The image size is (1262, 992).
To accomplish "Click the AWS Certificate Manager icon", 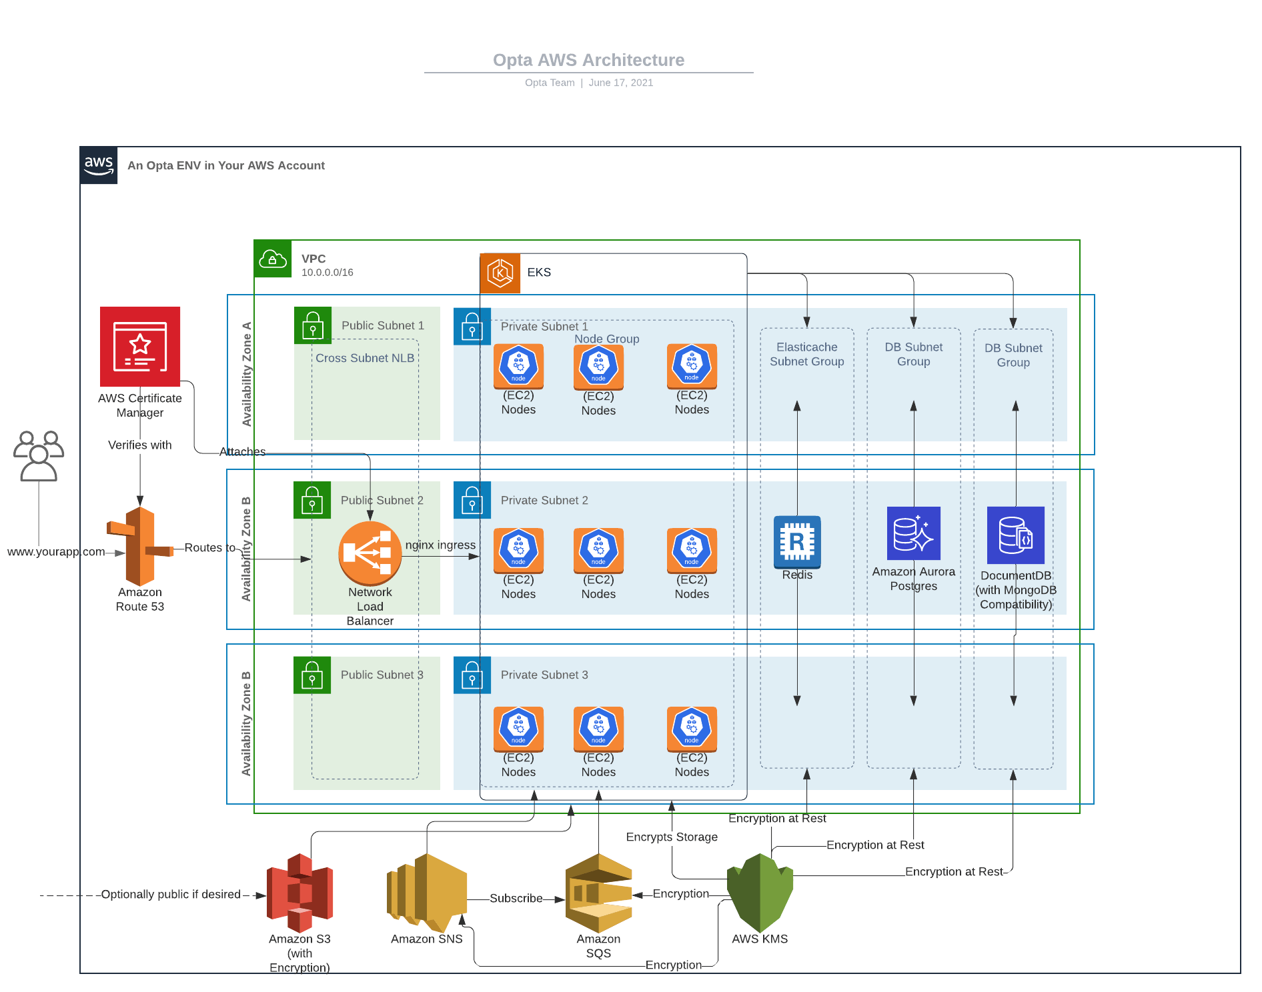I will tap(140, 346).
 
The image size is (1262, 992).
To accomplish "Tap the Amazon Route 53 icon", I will tap(140, 546).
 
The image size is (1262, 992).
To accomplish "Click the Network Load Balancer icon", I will tap(370, 553).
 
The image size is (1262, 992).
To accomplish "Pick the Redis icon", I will tap(797, 541).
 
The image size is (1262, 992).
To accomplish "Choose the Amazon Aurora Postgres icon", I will tap(913, 533).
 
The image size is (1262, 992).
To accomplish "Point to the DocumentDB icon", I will tap(1015, 535).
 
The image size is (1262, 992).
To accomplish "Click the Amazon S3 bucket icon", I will tap(299, 893).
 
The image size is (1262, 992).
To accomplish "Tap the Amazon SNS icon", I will tap(427, 892).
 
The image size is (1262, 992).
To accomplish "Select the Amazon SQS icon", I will tap(598, 893).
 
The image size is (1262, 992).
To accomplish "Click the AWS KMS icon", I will tap(760, 892).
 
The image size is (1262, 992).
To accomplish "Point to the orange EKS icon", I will tap(500, 273).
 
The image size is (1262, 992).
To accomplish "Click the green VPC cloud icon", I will tap(273, 259).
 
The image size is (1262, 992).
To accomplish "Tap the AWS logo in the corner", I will tap(99, 165).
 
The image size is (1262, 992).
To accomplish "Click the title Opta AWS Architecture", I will tap(588, 60).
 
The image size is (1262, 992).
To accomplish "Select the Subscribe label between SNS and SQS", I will tap(516, 898).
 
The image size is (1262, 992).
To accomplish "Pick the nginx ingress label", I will tap(440, 545).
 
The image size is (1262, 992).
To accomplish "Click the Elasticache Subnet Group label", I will tap(806, 354).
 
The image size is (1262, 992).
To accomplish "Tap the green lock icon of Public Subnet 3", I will tap(312, 675).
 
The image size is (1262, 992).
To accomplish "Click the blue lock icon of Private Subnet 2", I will tap(472, 500).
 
